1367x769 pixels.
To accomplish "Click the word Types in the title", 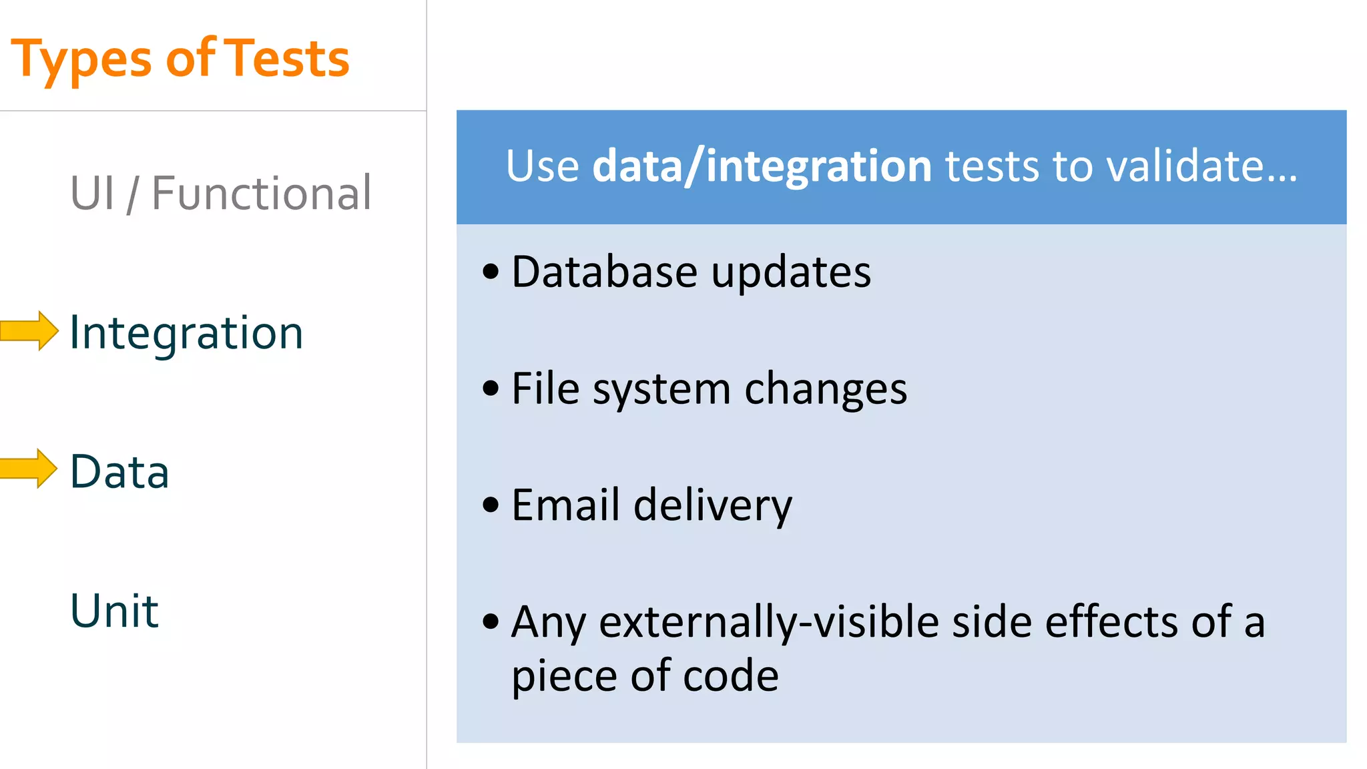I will [81, 60].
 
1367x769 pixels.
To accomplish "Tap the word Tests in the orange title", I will [286, 59].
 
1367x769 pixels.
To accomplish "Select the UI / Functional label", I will [221, 193].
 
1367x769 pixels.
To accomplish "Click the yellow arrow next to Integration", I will [29, 330].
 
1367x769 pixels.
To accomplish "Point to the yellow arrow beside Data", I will [29, 469].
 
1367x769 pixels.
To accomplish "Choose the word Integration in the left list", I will [186, 332].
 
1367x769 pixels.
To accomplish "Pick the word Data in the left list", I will [119, 471].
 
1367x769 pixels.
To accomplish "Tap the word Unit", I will [114, 610].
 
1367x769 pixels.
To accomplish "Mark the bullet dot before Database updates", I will [491, 272].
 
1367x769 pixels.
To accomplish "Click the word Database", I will [604, 272].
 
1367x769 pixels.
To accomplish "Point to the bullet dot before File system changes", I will [491, 388].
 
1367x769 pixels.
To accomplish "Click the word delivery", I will [712, 506].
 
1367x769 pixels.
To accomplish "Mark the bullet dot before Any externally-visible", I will [491, 621].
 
